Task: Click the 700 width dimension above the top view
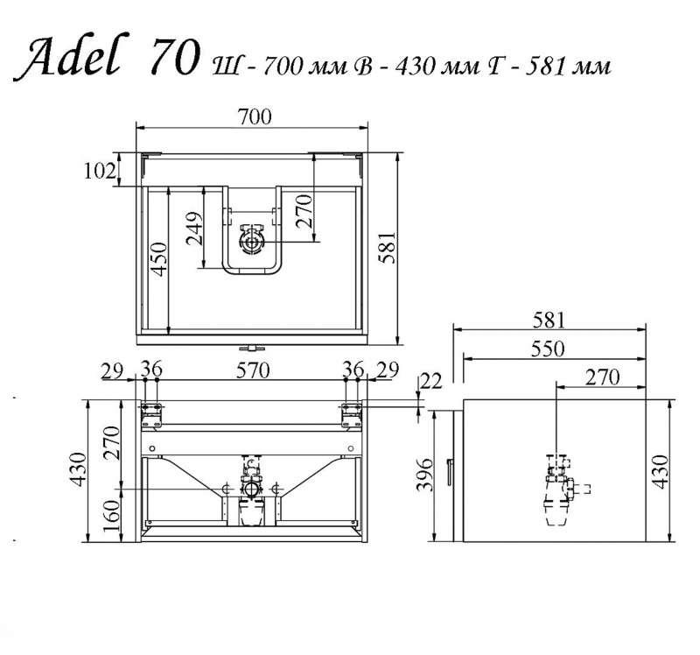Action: coord(255,116)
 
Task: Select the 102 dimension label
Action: coord(99,171)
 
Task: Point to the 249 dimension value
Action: coord(194,229)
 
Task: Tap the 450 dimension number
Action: coord(158,259)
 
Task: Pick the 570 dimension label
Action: coord(253,370)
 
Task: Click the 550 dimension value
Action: coord(548,349)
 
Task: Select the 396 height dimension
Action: coord(424,474)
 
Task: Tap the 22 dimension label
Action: coord(430,381)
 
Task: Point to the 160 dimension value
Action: coord(111,515)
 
